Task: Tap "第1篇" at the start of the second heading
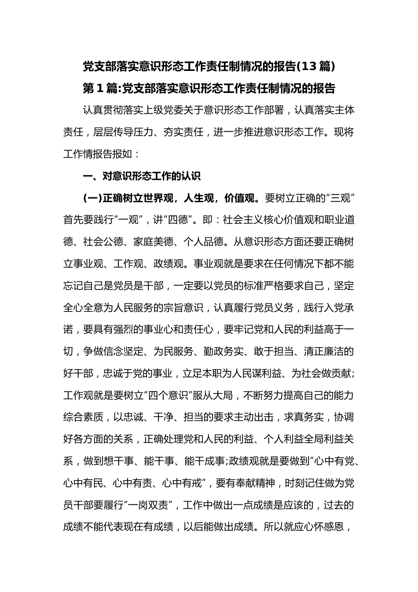tap(99, 89)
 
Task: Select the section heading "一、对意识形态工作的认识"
tap(142, 177)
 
